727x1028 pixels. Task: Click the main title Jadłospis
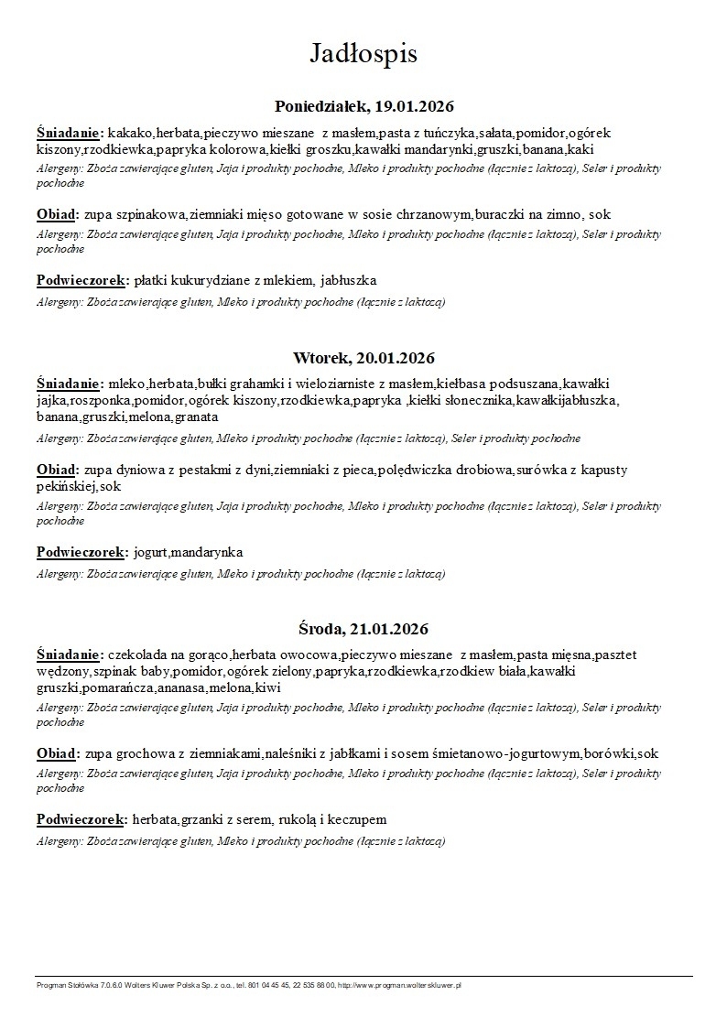click(x=363, y=53)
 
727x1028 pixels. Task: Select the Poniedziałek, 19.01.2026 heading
click(x=364, y=106)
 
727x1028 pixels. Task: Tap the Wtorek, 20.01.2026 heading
click(x=363, y=357)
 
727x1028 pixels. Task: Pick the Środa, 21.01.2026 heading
click(x=363, y=629)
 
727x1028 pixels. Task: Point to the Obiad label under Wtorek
click(x=58, y=470)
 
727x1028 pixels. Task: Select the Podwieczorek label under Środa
click(x=81, y=819)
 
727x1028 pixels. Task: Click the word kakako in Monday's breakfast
click(x=130, y=131)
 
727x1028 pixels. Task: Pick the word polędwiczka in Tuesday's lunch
click(x=433, y=470)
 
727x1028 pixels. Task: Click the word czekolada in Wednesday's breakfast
click(x=136, y=655)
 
